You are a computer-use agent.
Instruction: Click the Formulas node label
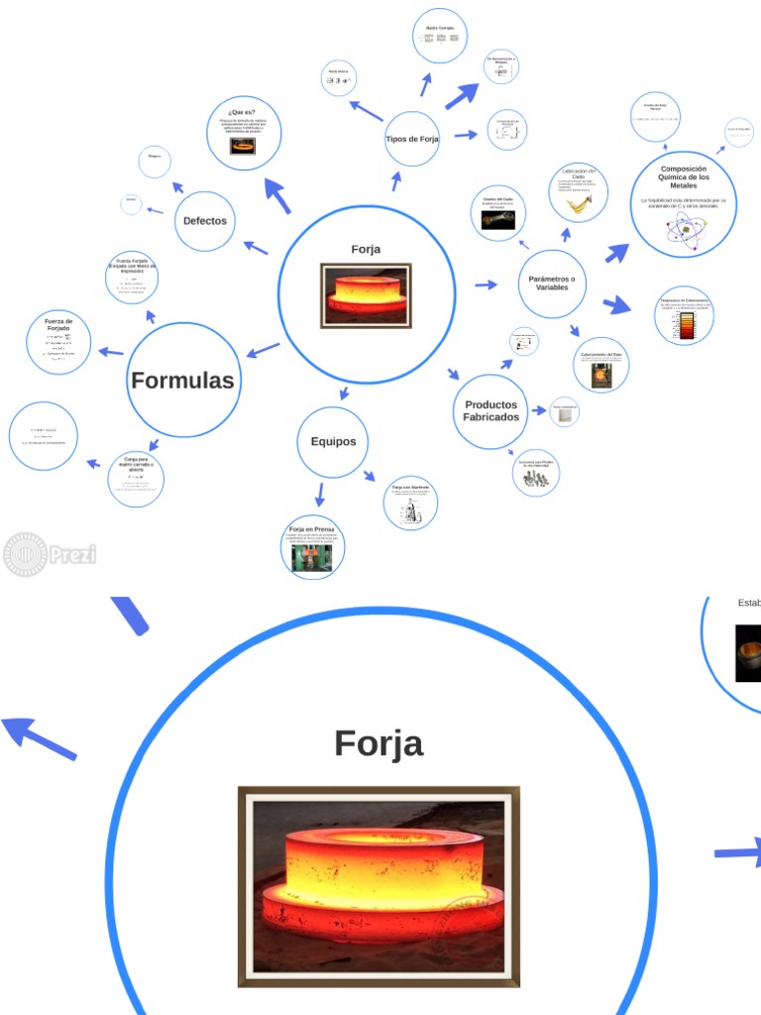182,380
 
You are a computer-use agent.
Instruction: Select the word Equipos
333,442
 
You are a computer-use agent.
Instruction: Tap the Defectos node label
205,221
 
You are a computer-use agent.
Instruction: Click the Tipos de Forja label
412,139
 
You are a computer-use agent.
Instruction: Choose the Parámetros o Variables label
552,283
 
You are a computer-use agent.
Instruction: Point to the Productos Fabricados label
490,411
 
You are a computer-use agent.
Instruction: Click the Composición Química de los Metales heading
684,177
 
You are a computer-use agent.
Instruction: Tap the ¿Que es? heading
242,112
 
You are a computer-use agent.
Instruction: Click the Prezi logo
50,554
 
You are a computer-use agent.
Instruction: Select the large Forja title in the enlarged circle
379,743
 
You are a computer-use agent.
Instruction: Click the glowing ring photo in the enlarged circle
379,886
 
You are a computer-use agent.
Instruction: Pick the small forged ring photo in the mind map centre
366,294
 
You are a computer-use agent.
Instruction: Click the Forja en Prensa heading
312,529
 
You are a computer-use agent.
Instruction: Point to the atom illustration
684,229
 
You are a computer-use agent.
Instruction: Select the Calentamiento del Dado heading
601,354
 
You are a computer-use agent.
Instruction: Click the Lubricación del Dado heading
579,174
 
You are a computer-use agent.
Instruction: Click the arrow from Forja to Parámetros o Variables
486,285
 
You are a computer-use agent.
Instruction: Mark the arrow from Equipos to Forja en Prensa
319,495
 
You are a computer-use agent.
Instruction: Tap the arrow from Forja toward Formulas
263,351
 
